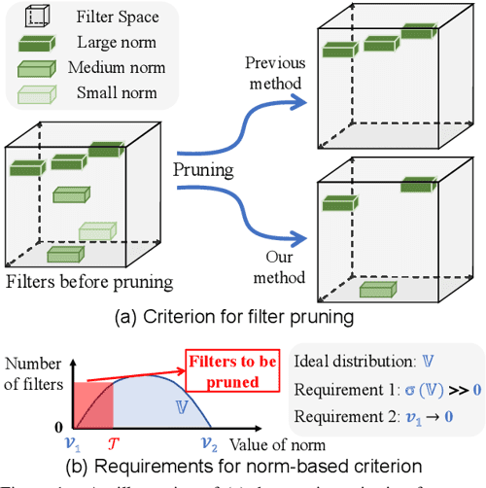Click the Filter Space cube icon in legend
click(x=34, y=17)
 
